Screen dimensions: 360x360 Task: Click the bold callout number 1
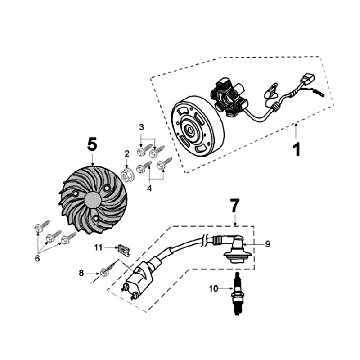pos(296,150)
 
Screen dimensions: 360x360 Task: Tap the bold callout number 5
pos(92,144)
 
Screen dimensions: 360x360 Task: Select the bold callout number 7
pos(235,205)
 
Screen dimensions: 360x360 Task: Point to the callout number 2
pos(127,154)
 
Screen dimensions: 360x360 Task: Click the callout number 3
pos(141,127)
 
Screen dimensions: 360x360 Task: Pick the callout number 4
pos(149,189)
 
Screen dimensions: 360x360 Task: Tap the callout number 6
pos(37,258)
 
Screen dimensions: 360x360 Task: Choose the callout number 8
pos(81,273)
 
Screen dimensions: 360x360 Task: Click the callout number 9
pos(267,244)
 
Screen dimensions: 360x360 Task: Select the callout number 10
pos(214,289)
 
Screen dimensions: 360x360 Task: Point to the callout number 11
pos(98,247)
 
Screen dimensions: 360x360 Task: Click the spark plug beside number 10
pos(238,293)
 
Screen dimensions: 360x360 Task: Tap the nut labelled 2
pos(127,175)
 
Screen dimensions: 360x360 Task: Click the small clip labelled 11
pos(123,250)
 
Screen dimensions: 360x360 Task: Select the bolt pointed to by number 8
pos(109,269)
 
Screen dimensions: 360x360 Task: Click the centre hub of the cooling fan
pos(93,200)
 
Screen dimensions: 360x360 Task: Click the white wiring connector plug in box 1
pos(306,80)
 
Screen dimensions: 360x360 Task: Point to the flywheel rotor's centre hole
pos(188,129)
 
